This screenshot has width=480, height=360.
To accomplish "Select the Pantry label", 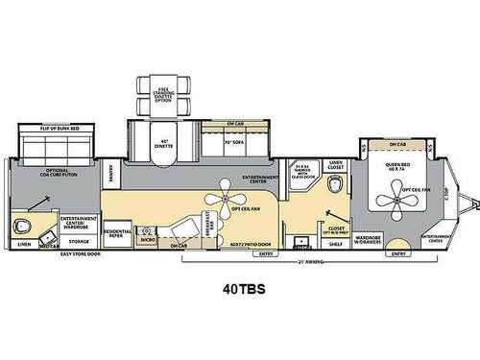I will click(112, 176).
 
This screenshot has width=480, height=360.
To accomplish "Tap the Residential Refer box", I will click(116, 233).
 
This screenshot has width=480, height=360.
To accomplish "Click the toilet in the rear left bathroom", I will click(22, 228).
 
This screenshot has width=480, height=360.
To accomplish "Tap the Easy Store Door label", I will click(77, 254).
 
